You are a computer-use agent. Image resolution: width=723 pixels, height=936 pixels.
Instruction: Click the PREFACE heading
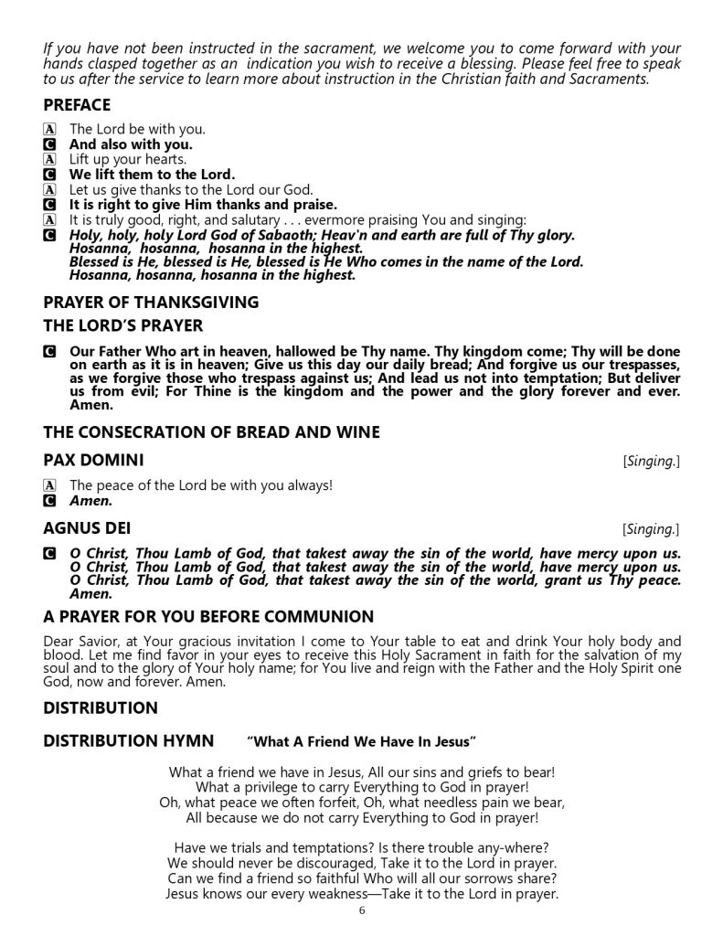pyautogui.click(x=77, y=105)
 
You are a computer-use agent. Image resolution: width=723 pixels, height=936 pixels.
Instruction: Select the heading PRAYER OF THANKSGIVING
pyautogui.click(x=151, y=303)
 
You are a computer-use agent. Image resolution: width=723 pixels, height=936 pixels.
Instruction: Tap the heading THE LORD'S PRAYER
pyautogui.click(x=123, y=325)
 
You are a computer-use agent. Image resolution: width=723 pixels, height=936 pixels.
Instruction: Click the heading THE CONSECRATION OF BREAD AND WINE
pyautogui.click(x=211, y=431)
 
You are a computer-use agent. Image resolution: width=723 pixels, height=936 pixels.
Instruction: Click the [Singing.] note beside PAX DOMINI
pyautogui.click(x=650, y=461)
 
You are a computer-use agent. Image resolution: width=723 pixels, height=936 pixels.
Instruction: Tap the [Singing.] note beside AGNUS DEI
pyautogui.click(x=650, y=530)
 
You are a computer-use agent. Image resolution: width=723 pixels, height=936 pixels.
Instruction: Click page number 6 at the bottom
pyautogui.click(x=362, y=910)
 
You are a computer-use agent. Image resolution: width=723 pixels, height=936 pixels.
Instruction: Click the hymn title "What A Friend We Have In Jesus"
pyautogui.click(x=361, y=740)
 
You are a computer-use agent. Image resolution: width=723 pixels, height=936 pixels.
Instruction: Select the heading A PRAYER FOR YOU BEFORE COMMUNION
pyautogui.click(x=208, y=617)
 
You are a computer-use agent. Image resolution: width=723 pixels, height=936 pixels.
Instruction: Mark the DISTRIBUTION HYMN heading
pyautogui.click(x=129, y=739)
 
